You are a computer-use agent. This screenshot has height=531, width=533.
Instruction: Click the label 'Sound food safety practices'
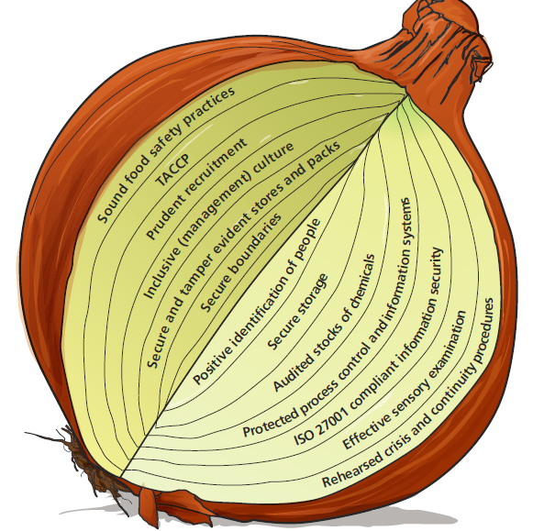click(165, 155)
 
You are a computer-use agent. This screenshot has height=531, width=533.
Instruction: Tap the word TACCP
click(172, 170)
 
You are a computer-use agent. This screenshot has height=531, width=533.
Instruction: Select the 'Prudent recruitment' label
click(196, 189)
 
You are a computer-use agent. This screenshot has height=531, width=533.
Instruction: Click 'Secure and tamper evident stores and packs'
click(243, 254)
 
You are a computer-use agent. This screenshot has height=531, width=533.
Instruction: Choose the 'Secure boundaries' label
click(241, 262)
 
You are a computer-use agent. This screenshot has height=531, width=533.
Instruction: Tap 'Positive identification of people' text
click(257, 302)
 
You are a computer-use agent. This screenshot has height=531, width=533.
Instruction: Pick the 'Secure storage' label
click(298, 312)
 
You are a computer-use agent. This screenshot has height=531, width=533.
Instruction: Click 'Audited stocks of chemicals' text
click(324, 323)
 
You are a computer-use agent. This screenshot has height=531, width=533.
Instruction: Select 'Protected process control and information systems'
click(327, 317)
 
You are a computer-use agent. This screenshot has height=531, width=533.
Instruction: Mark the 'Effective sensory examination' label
click(405, 380)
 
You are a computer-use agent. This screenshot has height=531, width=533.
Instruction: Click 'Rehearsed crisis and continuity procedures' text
click(408, 393)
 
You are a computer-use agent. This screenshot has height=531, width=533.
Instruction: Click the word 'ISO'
click(302, 437)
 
